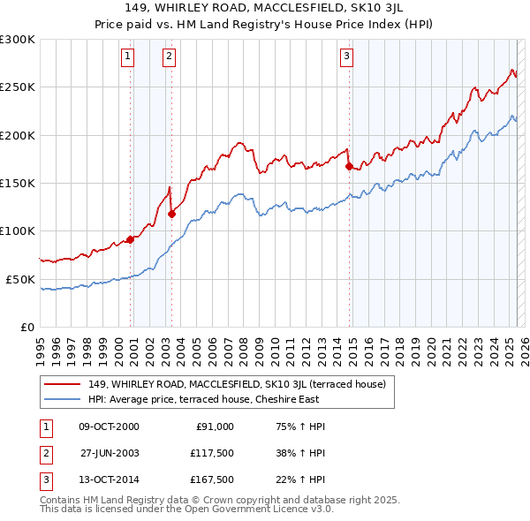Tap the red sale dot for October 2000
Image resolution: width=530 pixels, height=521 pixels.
coord(130,238)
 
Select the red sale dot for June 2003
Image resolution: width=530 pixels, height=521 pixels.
coord(171,213)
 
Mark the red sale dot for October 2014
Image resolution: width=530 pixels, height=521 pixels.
coord(349,165)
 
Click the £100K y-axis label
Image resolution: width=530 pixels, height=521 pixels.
coord(19,230)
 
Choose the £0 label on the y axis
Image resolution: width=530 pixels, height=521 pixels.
coord(27,327)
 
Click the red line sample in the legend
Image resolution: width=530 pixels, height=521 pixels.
coord(62,384)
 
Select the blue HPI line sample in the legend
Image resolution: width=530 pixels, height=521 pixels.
coord(62,399)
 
